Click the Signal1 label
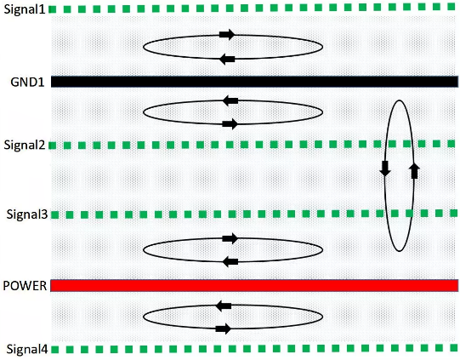click(25, 9)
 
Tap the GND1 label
click(27, 82)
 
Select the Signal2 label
click(25, 145)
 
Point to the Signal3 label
click(27, 214)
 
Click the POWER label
click(25, 286)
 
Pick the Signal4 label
click(27, 349)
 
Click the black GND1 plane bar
click(254, 82)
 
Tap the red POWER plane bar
click(254, 286)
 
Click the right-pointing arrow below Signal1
click(227, 35)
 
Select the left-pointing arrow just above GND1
click(227, 59)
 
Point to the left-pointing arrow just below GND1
click(230, 100)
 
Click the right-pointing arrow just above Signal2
click(230, 124)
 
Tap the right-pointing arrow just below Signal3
click(230, 238)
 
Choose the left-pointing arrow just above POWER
click(230, 261)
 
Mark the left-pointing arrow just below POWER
click(224, 306)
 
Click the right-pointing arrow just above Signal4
click(224, 329)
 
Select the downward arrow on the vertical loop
click(385, 169)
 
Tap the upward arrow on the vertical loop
click(414, 171)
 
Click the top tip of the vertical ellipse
click(400, 100)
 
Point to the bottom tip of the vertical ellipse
click(400, 251)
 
